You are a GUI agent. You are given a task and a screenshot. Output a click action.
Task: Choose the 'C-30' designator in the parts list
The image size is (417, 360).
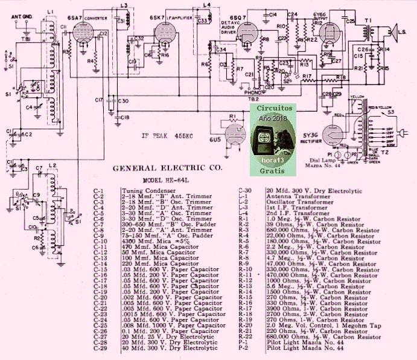tap(245, 190)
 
